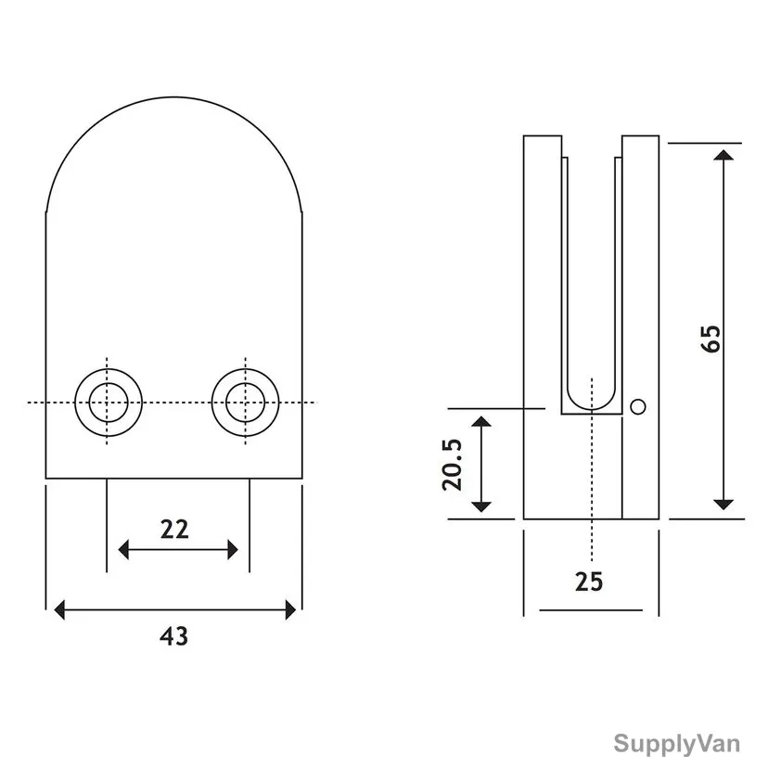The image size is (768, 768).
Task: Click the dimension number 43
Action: click(173, 636)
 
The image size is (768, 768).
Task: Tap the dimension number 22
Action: click(174, 530)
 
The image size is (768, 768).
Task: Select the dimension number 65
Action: click(711, 339)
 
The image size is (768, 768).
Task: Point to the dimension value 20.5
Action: click(452, 465)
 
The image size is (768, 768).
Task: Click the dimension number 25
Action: click(589, 582)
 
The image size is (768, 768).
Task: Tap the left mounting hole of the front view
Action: click(109, 403)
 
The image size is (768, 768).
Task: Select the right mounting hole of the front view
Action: click(246, 403)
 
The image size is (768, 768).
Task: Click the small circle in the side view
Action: click(638, 406)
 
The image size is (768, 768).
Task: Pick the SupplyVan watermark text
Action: click(677, 744)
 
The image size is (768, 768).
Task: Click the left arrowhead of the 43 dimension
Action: click(59, 609)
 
